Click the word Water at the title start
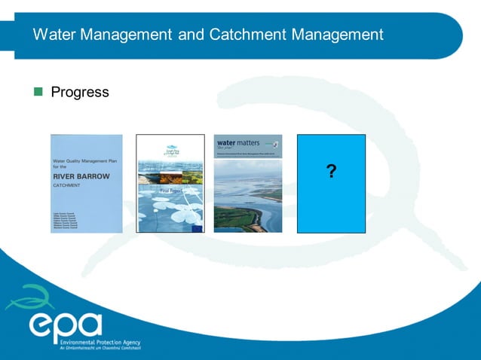click(x=56, y=35)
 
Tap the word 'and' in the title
click(x=187, y=35)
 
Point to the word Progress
click(x=80, y=93)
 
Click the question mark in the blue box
click(x=331, y=172)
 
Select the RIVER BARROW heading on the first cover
click(x=81, y=176)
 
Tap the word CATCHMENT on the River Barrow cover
click(x=68, y=185)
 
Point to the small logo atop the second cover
click(x=170, y=150)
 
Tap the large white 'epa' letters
click(x=65, y=325)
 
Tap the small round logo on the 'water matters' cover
click(x=277, y=142)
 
